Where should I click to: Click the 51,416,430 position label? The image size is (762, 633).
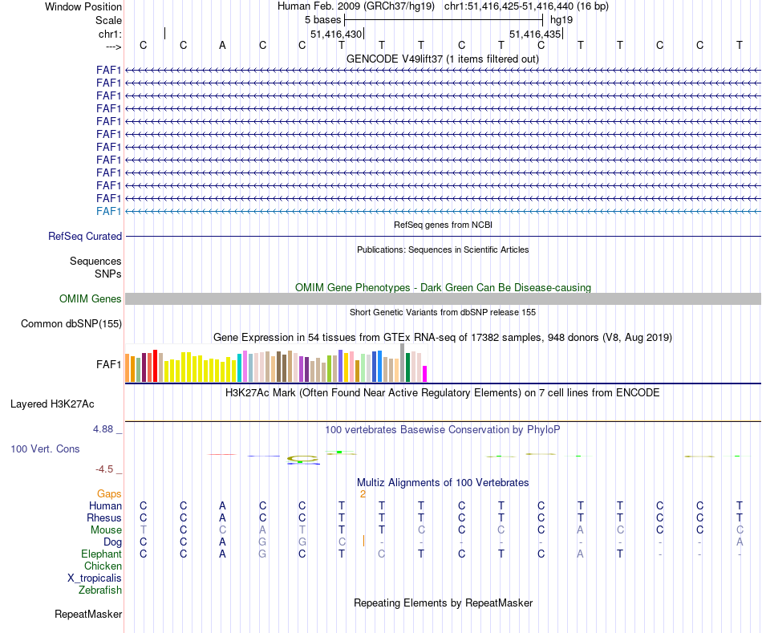coord(336,34)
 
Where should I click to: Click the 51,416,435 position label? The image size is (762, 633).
coord(535,34)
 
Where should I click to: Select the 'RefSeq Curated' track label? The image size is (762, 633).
coord(85,237)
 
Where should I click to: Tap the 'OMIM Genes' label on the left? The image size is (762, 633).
coord(91,299)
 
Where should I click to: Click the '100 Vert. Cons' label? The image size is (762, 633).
coord(45,449)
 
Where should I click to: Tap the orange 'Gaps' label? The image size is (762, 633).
coord(109,494)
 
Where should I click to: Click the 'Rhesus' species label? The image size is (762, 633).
coord(104,518)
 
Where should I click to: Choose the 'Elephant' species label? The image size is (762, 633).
coord(101,554)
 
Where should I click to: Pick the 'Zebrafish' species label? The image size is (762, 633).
coord(100,590)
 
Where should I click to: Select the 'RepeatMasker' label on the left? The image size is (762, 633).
coord(88,615)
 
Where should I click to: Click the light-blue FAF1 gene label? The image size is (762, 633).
coord(108,211)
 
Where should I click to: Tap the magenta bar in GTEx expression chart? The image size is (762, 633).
coord(425,374)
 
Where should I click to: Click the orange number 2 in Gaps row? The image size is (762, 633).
coord(363,494)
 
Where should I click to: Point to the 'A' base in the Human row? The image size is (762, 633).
coord(222,506)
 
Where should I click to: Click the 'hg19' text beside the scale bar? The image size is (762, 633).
coord(561,20)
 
